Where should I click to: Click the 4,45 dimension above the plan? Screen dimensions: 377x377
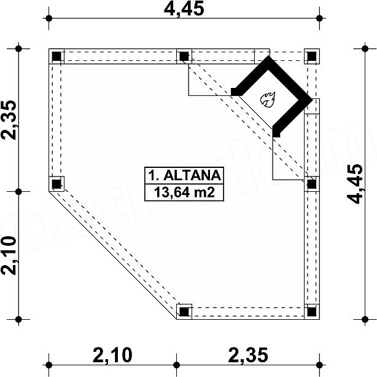coord(184,8)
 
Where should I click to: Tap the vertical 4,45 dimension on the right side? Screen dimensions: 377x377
coord(355,184)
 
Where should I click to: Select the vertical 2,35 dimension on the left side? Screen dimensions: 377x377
coord(9,120)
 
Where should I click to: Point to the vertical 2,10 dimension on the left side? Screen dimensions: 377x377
coord(9,255)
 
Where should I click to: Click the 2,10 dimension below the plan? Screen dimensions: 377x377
coord(112,355)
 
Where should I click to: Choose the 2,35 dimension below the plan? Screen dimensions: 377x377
coord(248,355)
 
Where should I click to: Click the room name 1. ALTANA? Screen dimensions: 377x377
coord(184,175)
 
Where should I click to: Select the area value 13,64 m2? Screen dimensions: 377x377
coord(184,192)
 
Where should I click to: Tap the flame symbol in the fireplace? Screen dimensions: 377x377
coord(268,99)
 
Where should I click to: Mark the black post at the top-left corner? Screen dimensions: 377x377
coord(56,57)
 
